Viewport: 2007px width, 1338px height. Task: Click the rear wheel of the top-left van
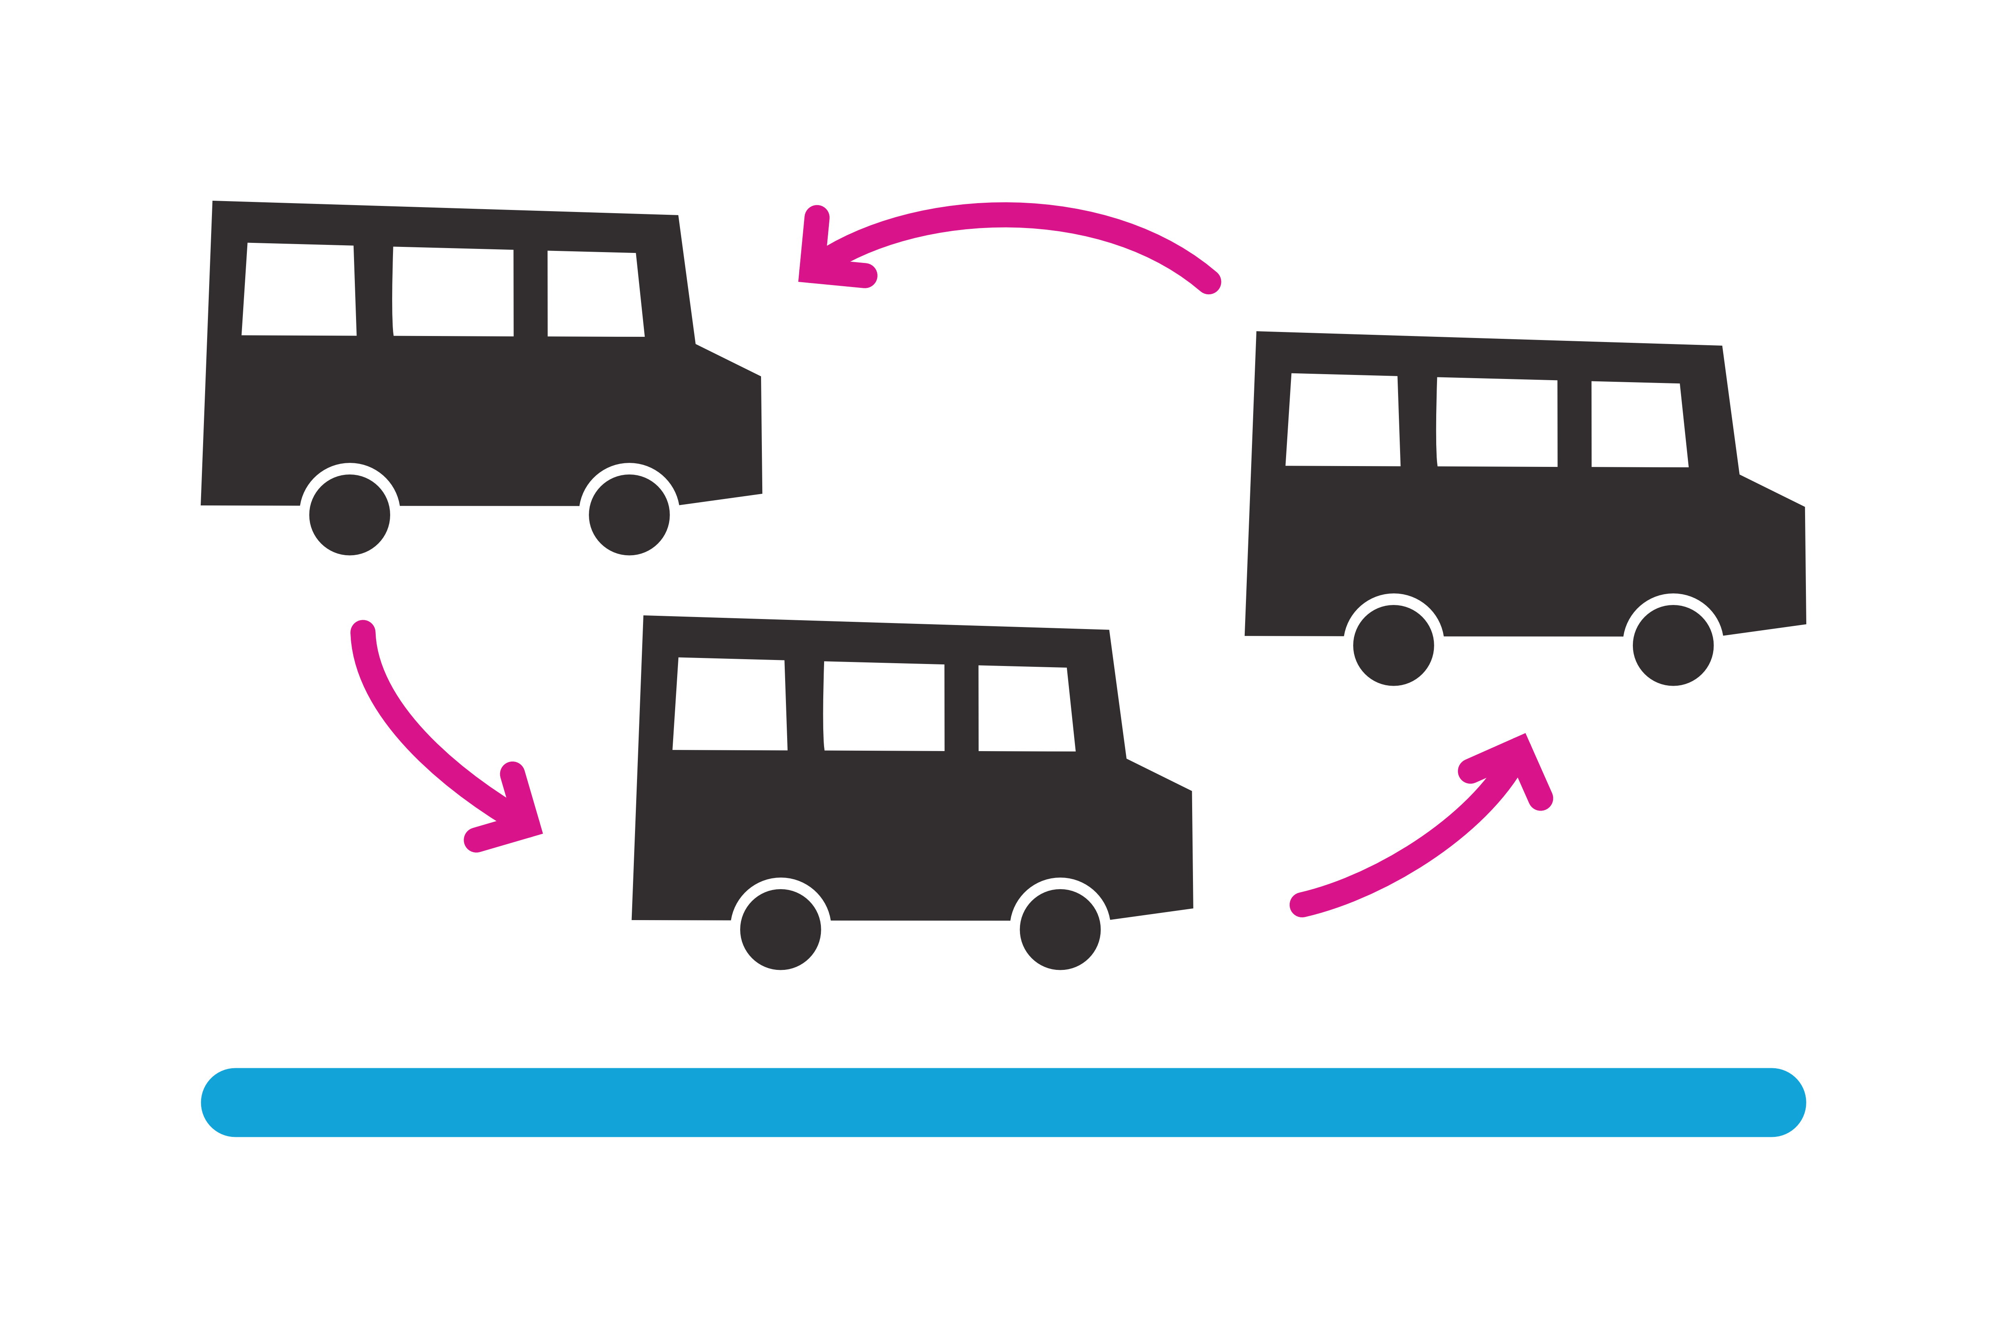pyautogui.click(x=350, y=515)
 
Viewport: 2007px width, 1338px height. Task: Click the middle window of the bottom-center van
pyautogui.click(x=884, y=707)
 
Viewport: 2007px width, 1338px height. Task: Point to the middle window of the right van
pyautogui.click(x=1498, y=422)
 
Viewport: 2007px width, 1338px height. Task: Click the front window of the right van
pyautogui.click(x=1639, y=425)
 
